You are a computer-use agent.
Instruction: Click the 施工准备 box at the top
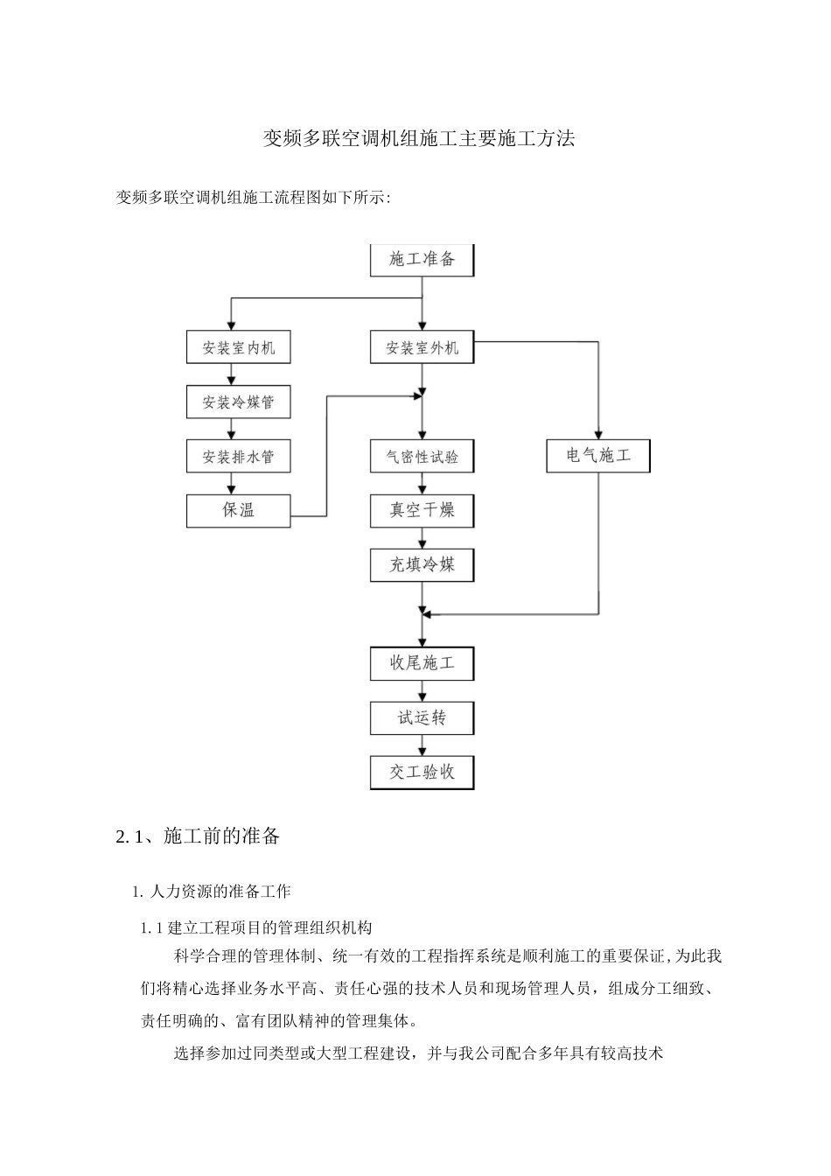click(x=422, y=260)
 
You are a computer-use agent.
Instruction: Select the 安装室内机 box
click(x=238, y=347)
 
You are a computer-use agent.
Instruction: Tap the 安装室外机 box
click(x=422, y=347)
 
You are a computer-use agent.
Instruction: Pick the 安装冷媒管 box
click(x=238, y=402)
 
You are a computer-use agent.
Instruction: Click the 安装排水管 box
click(x=238, y=457)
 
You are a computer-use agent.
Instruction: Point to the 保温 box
click(x=238, y=511)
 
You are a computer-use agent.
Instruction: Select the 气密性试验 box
click(x=422, y=457)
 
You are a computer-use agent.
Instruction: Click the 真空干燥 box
click(x=422, y=511)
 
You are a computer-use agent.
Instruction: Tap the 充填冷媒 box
click(x=422, y=565)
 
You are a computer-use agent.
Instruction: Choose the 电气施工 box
click(x=598, y=456)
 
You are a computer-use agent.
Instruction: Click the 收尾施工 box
click(x=422, y=663)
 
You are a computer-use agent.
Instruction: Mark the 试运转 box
click(x=422, y=718)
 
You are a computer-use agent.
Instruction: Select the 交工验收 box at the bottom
click(x=422, y=773)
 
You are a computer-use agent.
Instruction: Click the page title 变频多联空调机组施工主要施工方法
click(x=419, y=138)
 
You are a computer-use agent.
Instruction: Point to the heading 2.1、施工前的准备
click(x=198, y=836)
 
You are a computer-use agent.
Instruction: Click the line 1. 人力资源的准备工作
click(x=211, y=892)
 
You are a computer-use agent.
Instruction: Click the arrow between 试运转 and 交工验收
click(x=422, y=745)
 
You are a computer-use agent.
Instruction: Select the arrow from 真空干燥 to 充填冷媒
click(x=422, y=538)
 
